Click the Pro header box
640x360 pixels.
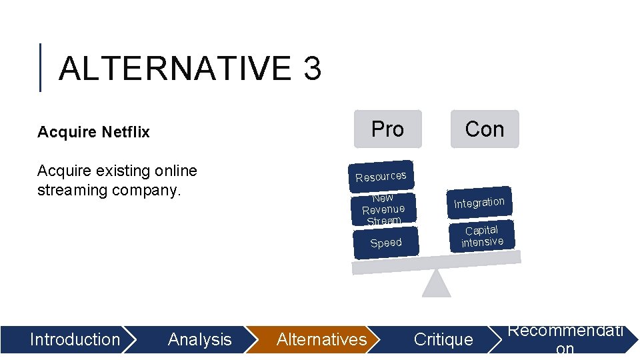coord(387,129)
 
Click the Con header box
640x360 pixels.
coord(484,129)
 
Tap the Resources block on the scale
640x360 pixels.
coord(381,175)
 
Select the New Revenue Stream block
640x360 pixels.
coord(383,209)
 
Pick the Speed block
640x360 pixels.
coord(386,243)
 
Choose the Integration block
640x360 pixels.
coord(479,202)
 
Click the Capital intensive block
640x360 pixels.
coord(482,236)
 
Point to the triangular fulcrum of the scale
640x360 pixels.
coord(437,285)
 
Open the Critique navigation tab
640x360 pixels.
coord(443,339)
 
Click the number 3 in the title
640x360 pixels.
coord(311,69)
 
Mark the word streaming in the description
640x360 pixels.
coord(71,190)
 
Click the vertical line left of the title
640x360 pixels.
coord(41,67)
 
